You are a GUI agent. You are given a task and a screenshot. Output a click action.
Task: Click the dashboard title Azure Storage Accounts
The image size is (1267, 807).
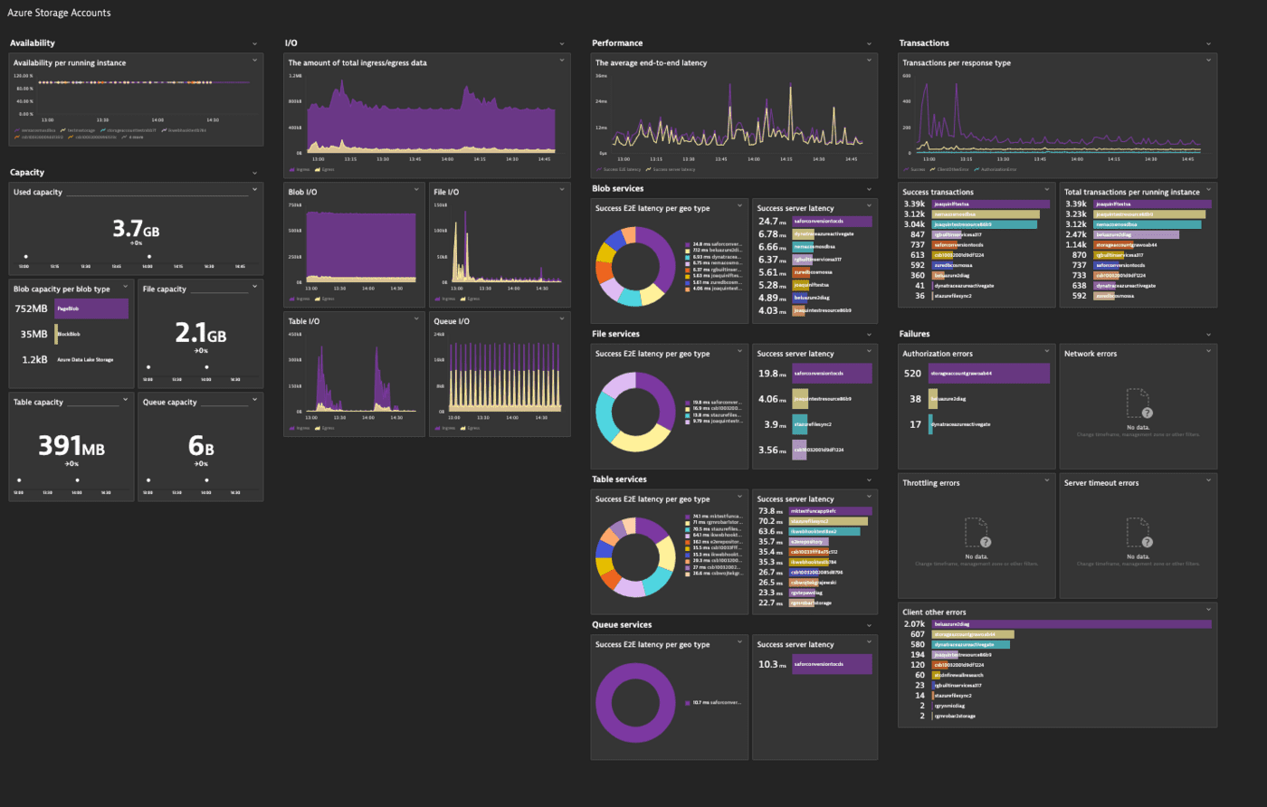coord(59,13)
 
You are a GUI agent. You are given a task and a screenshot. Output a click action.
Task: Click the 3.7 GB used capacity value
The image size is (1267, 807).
coord(135,230)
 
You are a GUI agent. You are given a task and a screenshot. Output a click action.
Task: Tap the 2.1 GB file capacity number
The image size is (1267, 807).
coord(200,334)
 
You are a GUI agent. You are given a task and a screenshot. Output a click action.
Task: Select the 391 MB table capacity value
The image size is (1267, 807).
coord(71,446)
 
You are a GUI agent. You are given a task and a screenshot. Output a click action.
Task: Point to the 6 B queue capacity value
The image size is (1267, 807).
coord(200,446)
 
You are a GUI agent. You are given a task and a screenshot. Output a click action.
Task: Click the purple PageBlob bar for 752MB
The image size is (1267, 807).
coord(91,309)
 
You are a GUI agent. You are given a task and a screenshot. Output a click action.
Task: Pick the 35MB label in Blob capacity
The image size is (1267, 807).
coord(34,335)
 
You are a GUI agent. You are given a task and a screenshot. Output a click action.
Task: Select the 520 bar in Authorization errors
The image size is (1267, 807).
coord(988,373)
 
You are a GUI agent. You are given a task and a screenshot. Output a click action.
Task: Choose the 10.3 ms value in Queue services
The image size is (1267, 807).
coord(769,664)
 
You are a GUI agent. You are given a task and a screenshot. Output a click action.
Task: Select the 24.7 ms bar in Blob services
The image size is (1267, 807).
coord(832,222)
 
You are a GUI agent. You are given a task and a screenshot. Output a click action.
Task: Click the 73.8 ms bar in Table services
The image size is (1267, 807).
coord(831,511)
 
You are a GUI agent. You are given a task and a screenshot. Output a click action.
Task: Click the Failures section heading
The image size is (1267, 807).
coord(915,334)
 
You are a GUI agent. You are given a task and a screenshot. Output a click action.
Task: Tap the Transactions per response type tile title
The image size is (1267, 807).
coord(957,63)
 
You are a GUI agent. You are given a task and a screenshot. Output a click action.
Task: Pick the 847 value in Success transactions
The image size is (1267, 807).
coord(914,234)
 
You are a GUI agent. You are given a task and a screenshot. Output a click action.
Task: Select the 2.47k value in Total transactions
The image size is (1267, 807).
coord(1076,234)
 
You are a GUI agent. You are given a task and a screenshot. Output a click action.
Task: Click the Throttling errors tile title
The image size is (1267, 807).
coord(931,483)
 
